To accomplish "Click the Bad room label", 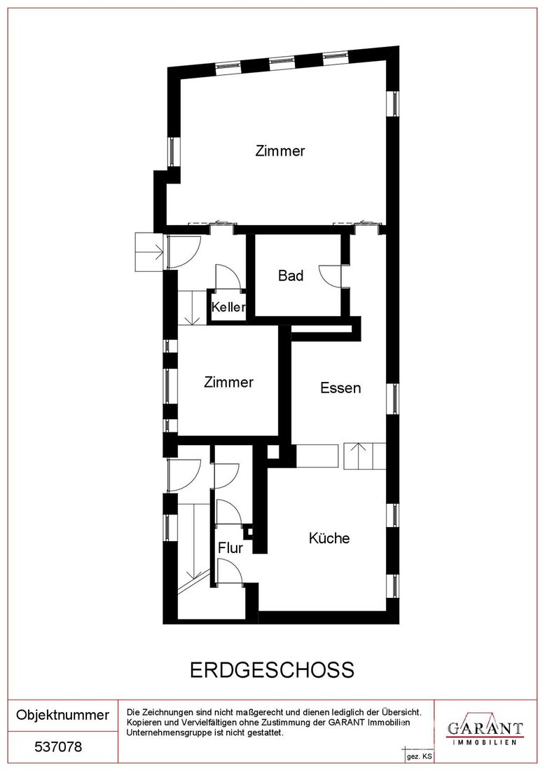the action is (291, 275).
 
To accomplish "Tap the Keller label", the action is (228, 307).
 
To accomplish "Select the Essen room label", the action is (340, 388).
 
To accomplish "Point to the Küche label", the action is (329, 538).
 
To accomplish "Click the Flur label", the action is (230, 548).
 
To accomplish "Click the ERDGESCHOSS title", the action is (272, 670).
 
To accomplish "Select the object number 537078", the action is (58, 747).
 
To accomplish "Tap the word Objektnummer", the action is (63, 715).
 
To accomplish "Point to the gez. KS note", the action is (419, 756).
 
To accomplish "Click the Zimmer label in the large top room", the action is (280, 151).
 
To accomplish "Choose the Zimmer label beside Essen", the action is (229, 382).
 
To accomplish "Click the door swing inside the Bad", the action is (329, 275).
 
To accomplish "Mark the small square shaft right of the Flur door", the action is (249, 531).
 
